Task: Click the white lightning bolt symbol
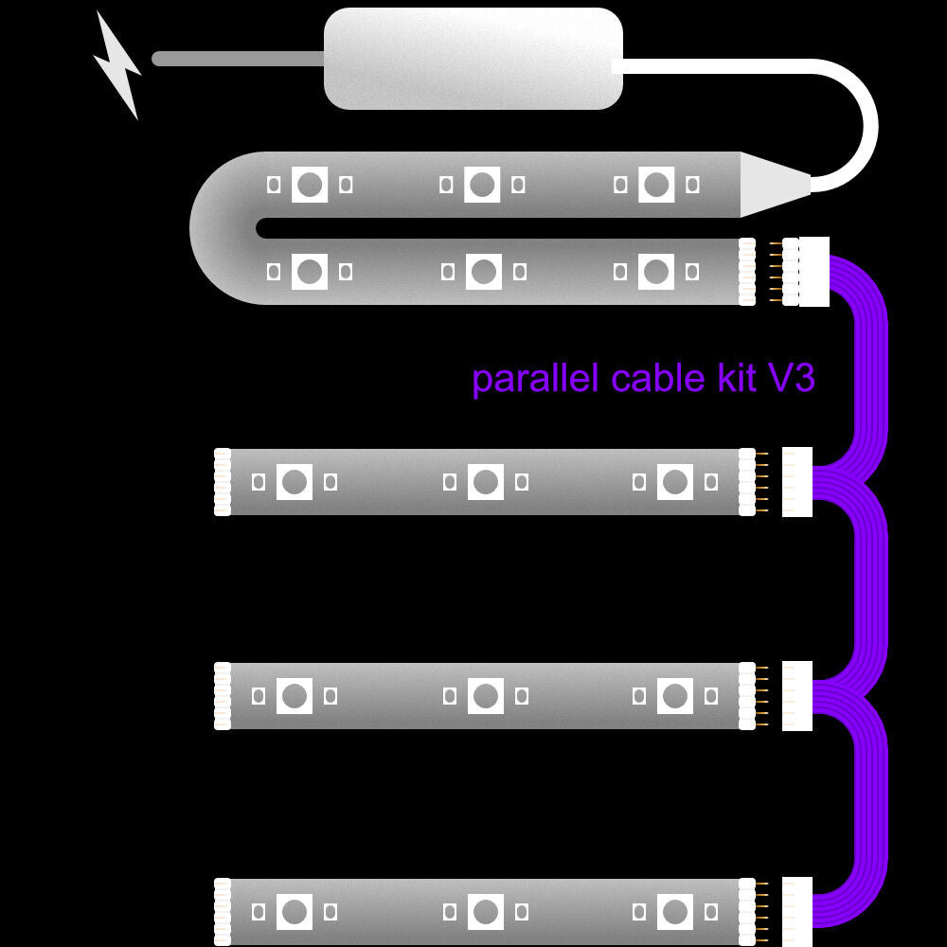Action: pos(117,66)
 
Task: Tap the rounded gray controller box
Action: pos(473,58)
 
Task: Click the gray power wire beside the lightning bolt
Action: pos(237,59)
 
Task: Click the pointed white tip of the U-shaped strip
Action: pos(772,184)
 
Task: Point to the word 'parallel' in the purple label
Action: pos(535,379)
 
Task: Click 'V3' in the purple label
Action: pos(791,379)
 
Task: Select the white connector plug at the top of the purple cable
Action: pos(814,272)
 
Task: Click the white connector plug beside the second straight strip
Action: pos(797,696)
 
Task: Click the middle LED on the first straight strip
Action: pos(485,482)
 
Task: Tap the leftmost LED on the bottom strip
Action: pos(295,912)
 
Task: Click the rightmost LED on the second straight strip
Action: pos(674,696)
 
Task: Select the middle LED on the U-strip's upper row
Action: pos(482,184)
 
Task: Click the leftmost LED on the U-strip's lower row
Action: pos(309,272)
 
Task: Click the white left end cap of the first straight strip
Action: pos(223,482)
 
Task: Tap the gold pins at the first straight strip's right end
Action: pos(759,482)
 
